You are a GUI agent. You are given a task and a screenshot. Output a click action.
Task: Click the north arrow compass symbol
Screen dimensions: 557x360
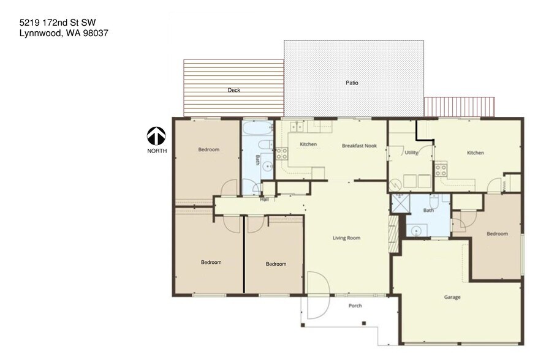[x=156, y=136]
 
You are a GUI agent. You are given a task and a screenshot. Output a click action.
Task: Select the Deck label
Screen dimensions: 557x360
[x=234, y=90]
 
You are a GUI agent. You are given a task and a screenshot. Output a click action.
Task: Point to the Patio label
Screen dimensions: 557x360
[x=352, y=83]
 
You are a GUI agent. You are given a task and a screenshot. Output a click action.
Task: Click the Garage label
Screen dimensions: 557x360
[x=452, y=297]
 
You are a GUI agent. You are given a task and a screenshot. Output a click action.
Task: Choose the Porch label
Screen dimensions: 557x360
[x=355, y=306]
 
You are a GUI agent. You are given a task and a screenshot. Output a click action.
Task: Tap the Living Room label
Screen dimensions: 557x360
[x=346, y=238]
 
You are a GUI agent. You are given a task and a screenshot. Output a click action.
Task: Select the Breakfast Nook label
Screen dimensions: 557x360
[x=359, y=146]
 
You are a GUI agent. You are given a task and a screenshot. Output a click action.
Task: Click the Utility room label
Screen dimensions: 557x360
[x=411, y=152]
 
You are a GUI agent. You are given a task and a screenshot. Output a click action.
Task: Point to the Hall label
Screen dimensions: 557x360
[x=264, y=199]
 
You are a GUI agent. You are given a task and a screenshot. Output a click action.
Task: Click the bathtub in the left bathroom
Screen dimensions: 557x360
[x=258, y=129]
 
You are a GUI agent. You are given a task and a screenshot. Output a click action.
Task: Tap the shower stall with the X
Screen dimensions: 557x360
[x=400, y=203]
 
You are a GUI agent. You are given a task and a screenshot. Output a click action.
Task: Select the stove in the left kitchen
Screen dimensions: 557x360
[x=282, y=154]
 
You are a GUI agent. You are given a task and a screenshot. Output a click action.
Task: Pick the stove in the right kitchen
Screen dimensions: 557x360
[x=441, y=170]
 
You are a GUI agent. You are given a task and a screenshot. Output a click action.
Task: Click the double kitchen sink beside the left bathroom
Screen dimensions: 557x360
[x=297, y=126]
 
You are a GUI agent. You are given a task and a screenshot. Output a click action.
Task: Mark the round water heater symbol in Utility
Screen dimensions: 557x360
[x=395, y=185]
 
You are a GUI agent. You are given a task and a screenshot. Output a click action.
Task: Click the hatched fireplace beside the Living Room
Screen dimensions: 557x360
[x=393, y=234]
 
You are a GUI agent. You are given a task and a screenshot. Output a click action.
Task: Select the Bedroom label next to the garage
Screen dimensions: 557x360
[x=497, y=234]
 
